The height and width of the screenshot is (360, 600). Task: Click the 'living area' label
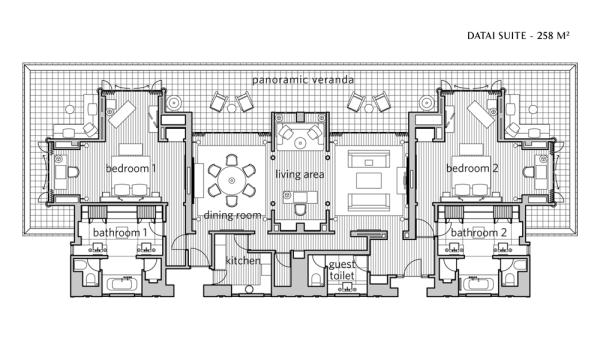[x=300, y=175]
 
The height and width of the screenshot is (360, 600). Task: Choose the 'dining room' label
[x=232, y=215]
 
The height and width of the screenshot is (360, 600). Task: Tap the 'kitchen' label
[x=243, y=261]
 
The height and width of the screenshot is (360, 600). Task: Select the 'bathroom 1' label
[x=120, y=233]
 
